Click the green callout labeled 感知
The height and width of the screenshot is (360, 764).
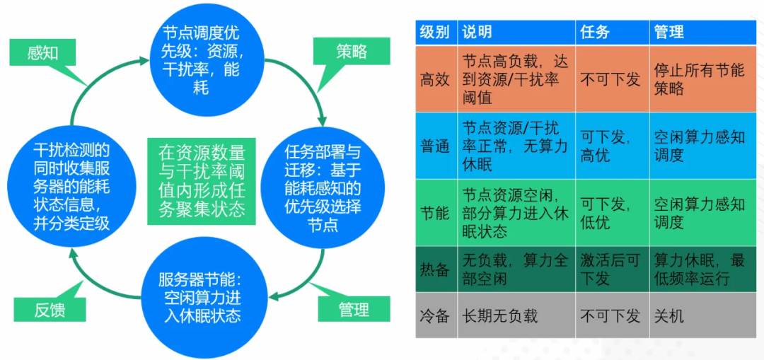[42, 53]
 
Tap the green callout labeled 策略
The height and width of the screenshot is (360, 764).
[352, 52]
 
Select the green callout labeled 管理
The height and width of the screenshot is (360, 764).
[354, 309]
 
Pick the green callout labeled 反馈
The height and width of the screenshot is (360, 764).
[50, 309]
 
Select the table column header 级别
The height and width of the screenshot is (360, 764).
[434, 32]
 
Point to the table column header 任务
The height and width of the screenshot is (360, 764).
[595, 32]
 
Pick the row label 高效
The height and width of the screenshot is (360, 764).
[434, 79]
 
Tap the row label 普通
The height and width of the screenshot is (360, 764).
[434, 146]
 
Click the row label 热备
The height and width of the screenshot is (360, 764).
[434, 269]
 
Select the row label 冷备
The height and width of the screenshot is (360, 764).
[434, 315]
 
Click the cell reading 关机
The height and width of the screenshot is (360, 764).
[668, 315]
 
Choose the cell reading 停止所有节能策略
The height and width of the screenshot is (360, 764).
[699, 79]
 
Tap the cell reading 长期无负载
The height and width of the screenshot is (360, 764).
[499, 315]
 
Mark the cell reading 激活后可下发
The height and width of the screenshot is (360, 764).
[610, 269]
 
